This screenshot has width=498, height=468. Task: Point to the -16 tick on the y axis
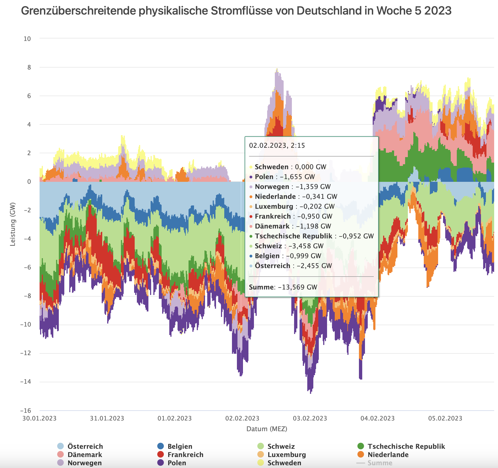[x=26, y=411]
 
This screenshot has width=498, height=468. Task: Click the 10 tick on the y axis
[x=27, y=39]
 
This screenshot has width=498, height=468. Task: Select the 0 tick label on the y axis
[x=29, y=182]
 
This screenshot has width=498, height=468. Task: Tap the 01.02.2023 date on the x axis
[x=175, y=419]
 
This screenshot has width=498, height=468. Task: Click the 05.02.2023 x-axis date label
[x=445, y=419]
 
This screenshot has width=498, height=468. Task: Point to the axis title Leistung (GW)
[x=13, y=224]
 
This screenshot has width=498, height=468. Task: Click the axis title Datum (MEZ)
[x=267, y=429]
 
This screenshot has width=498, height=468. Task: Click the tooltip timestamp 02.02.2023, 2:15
[x=277, y=146]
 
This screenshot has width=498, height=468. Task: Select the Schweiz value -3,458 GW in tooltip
[x=306, y=246]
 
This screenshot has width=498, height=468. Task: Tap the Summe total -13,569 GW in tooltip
[x=298, y=287]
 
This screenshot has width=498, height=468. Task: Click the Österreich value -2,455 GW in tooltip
[x=314, y=266]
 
